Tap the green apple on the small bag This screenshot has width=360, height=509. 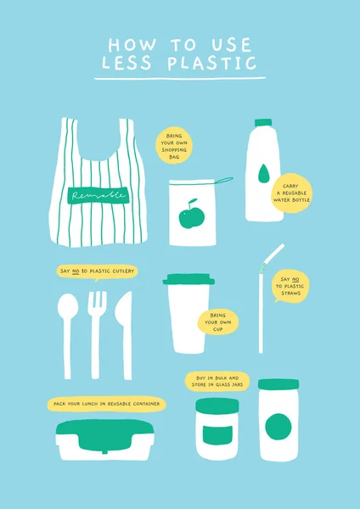click(x=189, y=215)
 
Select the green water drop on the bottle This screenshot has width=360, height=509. click(x=264, y=174)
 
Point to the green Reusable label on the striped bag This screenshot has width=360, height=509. click(x=98, y=195)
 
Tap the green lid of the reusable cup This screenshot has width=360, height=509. click(x=189, y=279)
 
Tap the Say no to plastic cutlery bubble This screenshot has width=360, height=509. click(x=96, y=271)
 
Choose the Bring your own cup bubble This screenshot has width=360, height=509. click(x=217, y=322)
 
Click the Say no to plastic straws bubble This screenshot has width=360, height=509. click(x=290, y=288)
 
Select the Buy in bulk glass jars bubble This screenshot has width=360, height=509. click(x=217, y=381)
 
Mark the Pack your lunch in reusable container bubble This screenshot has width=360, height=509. click(x=107, y=404)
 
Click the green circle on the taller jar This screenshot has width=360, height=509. click(x=278, y=425)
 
